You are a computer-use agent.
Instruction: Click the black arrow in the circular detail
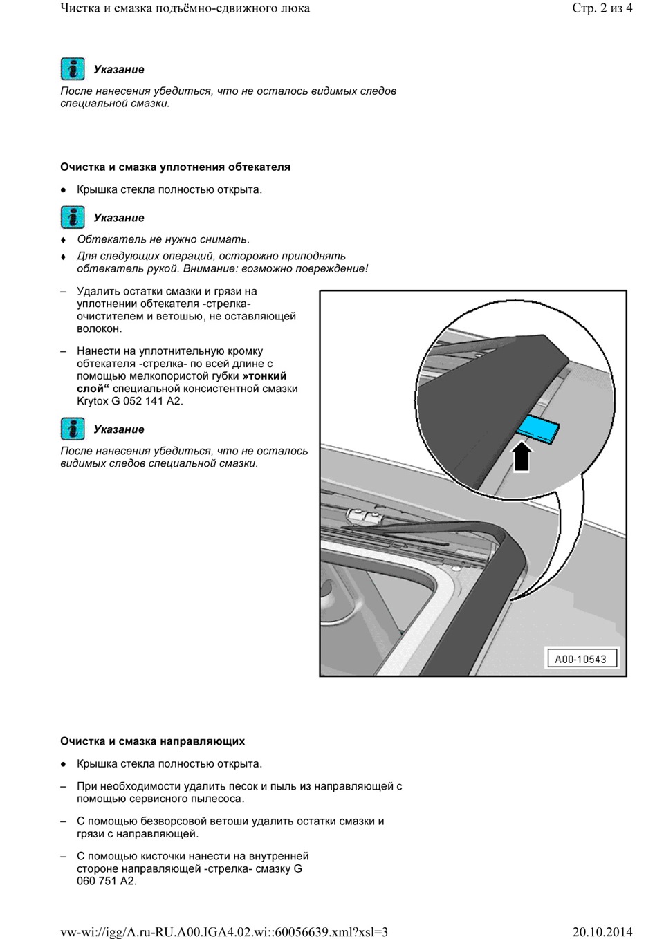click(x=522, y=456)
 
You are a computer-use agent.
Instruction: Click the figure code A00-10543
click(x=580, y=659)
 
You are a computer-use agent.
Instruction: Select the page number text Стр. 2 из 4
click(x=602, y=8)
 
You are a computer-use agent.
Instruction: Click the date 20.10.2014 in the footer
click(x=602, y=931)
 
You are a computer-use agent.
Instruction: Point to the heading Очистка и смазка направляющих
click(x=152, y=741)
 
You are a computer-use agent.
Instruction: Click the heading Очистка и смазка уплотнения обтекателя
click(x=175, y=167)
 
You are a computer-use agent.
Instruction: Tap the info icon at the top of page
click(x=73, y=69)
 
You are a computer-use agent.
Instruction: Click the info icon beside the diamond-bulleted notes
click(x=73, y=217)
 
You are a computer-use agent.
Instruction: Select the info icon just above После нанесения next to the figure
click(x=73, y=429)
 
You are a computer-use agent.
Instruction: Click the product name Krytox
click(x=93, y=401)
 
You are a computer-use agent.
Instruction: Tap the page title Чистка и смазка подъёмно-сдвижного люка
click(x=185, y=8)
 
